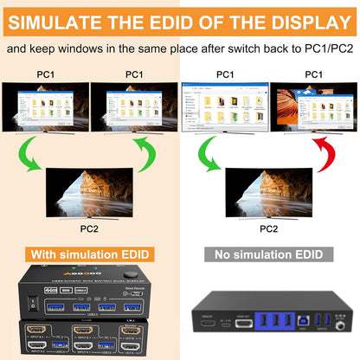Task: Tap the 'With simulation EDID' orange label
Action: [x=90, y=254]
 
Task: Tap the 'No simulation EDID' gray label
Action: [x=269, y=254]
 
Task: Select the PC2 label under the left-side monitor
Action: [x=89, y=228]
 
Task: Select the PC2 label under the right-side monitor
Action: [x=269, y=228]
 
